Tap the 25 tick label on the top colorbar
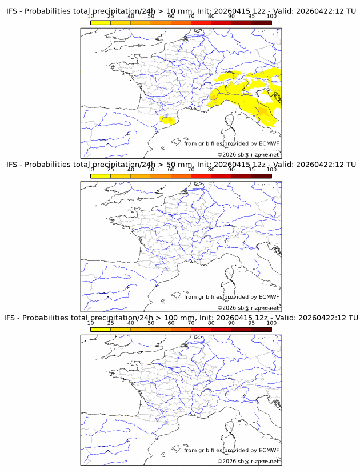[111, 17]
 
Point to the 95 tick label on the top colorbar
[251, 17]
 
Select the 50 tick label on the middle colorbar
[151, 170]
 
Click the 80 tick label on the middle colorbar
[211, 170]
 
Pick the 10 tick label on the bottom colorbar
[91, 323]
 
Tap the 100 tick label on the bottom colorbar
[271, 323]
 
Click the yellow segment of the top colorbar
[101, 22]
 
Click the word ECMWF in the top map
[269, 144]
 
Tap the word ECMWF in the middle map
[269, 297]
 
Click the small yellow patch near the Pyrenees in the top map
[168, 120]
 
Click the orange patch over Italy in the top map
[261, 111]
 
